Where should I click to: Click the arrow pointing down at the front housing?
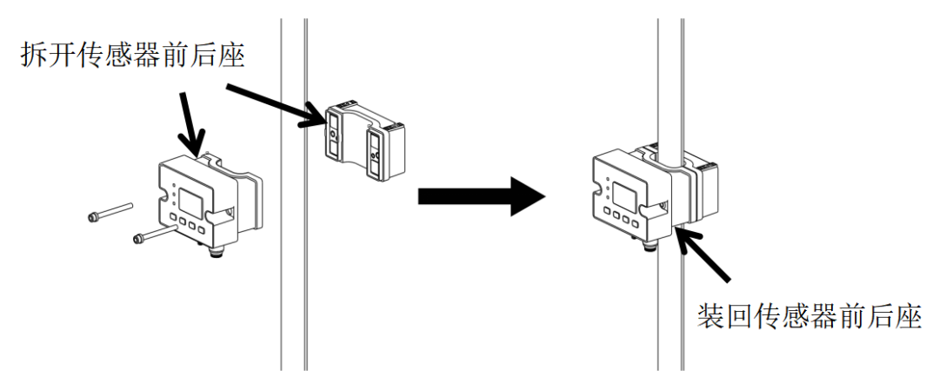pos(193,122)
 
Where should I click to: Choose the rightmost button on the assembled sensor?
pos(639,220)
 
